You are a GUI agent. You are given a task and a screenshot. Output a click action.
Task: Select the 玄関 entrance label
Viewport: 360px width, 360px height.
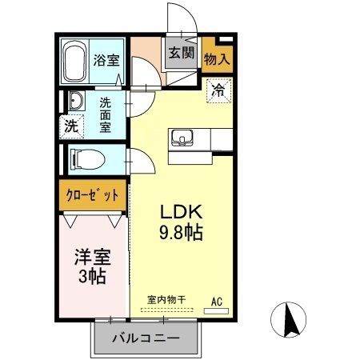coord(181,54)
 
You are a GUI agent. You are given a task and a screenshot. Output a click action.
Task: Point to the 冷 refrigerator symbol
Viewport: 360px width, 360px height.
coord(218,92)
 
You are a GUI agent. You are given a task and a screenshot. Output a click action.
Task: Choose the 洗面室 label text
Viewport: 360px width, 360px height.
coord(106,114)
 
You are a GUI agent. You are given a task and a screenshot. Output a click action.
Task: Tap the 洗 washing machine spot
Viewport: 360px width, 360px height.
coord(72,126)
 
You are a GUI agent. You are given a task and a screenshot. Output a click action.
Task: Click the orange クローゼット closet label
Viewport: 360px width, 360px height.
coord(93,194)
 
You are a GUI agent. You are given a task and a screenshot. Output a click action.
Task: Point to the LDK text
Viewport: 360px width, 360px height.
coord(183,213)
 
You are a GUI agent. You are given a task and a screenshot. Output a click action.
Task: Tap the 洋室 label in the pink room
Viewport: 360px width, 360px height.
coord(92,258)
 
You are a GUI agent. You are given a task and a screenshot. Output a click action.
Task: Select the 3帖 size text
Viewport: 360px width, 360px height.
coord(92,278)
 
